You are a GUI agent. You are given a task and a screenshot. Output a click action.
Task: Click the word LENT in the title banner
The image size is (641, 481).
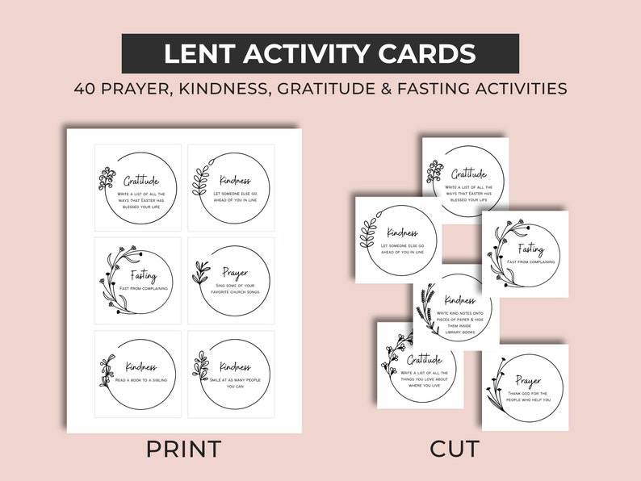[195, 54]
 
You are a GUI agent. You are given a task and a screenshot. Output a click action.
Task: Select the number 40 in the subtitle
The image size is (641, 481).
[86, 89]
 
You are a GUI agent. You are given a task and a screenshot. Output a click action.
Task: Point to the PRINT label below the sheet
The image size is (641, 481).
[183, 449]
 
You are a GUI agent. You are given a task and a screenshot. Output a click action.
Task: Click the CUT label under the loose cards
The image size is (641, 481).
[454, 449]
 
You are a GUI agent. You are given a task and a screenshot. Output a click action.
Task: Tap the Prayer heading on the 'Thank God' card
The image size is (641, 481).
[528, 380]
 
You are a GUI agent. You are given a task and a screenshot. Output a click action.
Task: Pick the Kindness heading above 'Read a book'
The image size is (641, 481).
[138, 366]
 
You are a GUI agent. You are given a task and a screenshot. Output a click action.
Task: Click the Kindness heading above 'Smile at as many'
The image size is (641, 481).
[234, 366]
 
